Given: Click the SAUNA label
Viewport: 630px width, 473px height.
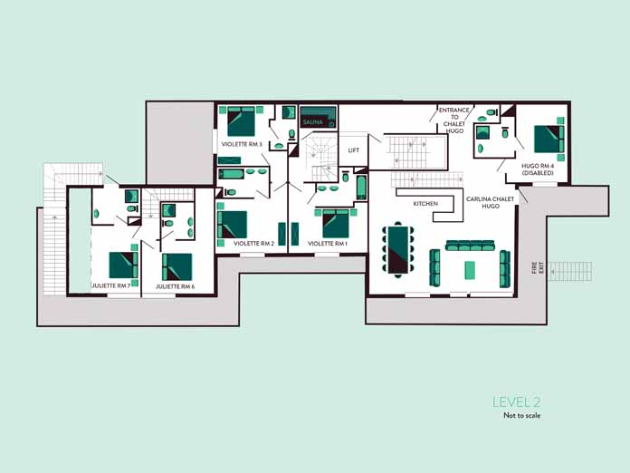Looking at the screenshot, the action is (x=312, y=121).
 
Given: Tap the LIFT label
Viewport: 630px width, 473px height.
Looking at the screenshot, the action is (x=354, y=150).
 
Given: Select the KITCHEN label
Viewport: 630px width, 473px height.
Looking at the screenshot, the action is (x=425, y=204).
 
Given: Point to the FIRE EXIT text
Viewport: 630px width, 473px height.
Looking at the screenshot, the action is (x=538, y=267).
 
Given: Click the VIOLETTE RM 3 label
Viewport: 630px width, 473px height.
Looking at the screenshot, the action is (x=242, y=144).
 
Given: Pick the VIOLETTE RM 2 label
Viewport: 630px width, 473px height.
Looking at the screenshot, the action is (x=254, y=244).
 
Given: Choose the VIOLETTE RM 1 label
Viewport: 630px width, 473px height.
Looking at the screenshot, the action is (x=328, y=244).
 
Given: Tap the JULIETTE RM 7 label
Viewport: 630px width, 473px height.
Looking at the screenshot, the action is (x=111, y=286).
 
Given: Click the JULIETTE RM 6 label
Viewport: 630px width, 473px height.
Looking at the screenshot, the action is (x=176, y=286).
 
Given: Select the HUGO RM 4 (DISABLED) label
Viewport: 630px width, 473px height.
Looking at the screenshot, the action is (x=538, y=169).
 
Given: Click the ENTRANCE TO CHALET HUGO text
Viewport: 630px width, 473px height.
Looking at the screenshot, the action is (x=454, y=121).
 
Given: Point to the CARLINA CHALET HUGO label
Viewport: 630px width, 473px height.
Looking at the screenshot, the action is (x=491, y=202).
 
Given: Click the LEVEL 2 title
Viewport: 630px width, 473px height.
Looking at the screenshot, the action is (x=517, y=401).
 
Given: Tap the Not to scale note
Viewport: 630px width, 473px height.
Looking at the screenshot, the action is (x=522, y=416).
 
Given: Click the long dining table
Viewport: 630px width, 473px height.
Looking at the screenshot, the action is (x=398, y=249).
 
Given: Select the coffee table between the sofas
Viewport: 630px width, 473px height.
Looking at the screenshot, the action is (x=470, y=270).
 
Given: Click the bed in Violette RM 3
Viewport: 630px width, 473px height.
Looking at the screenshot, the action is (x=241, y=121).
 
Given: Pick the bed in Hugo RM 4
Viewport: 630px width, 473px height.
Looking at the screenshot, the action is (x=549, y=140).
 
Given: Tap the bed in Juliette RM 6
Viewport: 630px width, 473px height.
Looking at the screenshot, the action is (x=177, y=267).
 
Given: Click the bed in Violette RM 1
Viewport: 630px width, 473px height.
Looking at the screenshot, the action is (x=336, y=223).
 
